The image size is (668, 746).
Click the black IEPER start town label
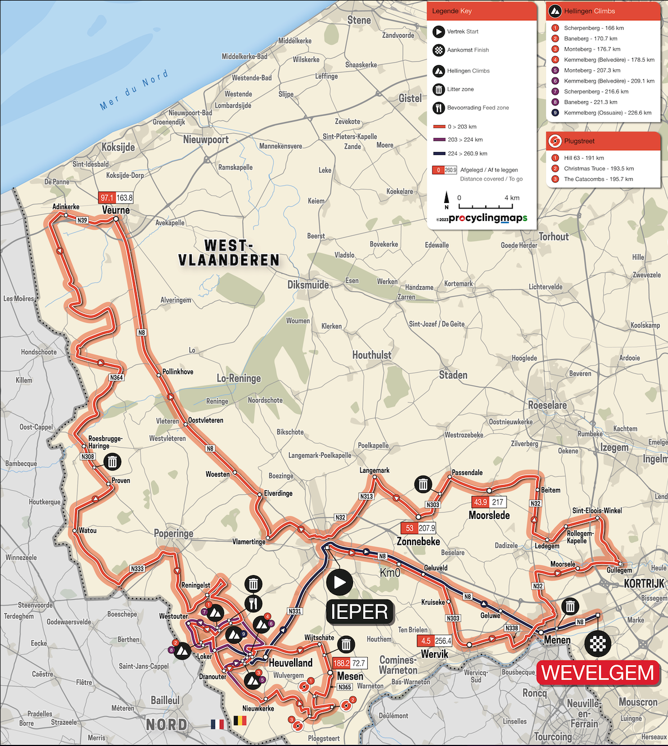click(359, 612)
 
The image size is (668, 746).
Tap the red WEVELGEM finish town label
click(598, 672)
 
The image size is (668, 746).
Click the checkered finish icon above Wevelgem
click(597, 643)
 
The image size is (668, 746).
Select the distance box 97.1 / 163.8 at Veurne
click(116, 198)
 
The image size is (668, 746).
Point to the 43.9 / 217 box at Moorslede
click(489, 502)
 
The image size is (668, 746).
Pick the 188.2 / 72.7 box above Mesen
click(349, 663)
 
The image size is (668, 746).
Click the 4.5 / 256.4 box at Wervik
click(434, 641)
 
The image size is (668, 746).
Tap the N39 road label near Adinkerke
click(83, 220)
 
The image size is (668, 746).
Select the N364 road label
click(116, 377)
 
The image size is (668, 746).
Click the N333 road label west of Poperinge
click(137, 568)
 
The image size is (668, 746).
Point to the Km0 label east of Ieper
click(390, 573)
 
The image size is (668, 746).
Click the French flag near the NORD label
click(217, 724)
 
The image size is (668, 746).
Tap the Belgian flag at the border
click(240, 721)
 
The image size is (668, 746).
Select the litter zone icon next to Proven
click(112, 462)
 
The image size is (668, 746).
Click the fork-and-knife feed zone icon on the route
click(254, 604)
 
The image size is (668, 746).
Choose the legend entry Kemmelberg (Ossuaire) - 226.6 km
click(607, 112)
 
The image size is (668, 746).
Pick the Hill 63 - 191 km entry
click(584, 158)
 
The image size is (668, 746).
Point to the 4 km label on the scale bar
click(512, 198)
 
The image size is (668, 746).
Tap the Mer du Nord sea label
click(134, 90)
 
